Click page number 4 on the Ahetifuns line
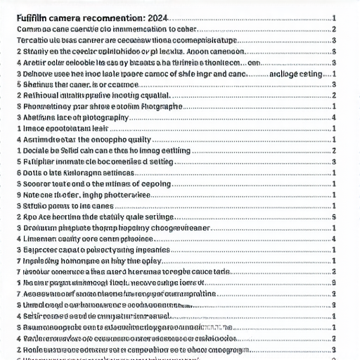pos(333,117)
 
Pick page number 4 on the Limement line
pos(333,239)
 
